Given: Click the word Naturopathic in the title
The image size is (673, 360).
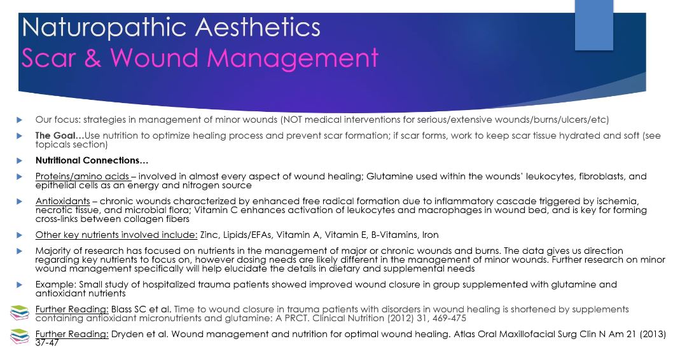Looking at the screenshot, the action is point(104,29).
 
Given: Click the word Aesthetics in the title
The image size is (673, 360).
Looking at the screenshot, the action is point(258,27).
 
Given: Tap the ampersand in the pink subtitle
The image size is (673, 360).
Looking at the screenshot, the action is point(93,57).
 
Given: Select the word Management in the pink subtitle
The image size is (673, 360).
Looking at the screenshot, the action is point(293,59).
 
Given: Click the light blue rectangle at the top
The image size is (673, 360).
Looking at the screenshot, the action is point(594,25).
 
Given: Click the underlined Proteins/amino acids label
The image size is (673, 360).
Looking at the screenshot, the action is point(83,176).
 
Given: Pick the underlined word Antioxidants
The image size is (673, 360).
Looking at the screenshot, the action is point(63,201).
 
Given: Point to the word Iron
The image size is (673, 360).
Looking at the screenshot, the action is point(431,235).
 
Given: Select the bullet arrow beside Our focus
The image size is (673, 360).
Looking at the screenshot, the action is point(19,120).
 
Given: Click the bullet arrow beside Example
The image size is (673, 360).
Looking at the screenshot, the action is point(19,285).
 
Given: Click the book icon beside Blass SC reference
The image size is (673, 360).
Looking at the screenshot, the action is point(20,312).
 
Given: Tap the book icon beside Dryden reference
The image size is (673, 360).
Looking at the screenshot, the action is point(20,337).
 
